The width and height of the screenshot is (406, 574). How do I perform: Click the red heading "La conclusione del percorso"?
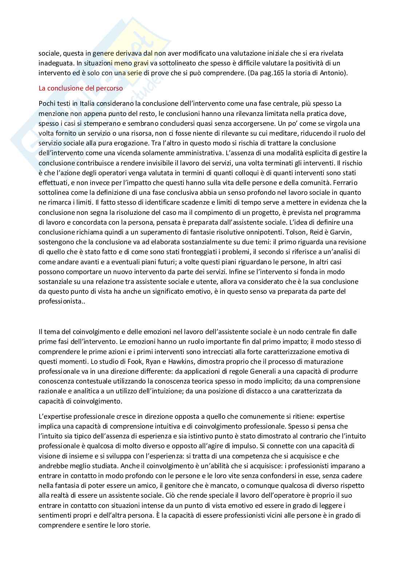click(80, 88)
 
